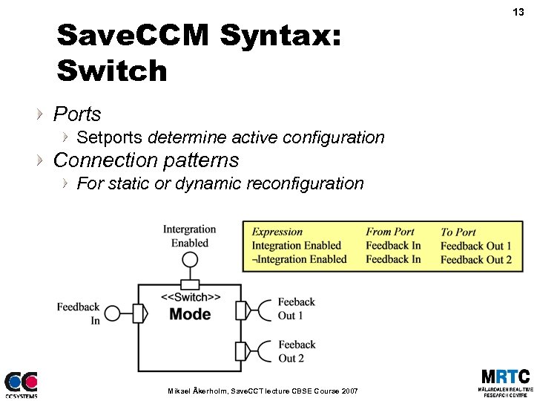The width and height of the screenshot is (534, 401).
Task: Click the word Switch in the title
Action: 112,71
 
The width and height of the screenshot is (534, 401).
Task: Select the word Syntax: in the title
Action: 281,35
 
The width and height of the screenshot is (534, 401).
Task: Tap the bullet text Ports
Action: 77,114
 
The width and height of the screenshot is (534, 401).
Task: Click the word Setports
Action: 111,137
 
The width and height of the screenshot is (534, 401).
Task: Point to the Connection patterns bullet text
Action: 146,160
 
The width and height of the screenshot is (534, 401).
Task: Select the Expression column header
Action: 277,232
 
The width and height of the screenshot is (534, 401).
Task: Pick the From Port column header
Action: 390,232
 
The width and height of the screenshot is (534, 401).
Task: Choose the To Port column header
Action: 458,232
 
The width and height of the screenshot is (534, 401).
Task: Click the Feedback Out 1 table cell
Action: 475,246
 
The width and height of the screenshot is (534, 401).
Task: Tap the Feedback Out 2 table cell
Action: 475,260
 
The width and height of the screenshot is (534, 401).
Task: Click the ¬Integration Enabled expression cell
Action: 299,260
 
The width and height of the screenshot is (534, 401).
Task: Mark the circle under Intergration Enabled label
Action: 191,259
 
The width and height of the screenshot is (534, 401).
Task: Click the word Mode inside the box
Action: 190,314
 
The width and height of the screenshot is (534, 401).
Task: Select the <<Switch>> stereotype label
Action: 191,298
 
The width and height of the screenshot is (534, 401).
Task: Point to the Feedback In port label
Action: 79,313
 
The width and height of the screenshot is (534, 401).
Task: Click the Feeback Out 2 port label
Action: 296,351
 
